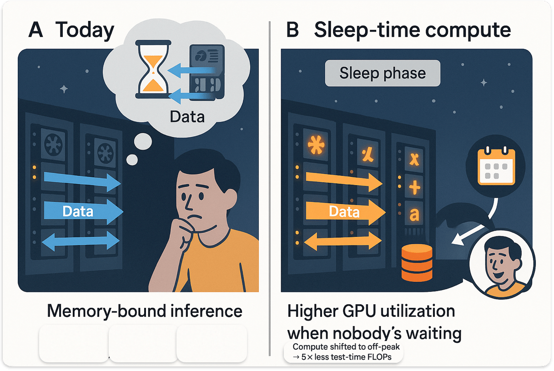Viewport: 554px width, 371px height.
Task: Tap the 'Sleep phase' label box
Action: click(383, 74)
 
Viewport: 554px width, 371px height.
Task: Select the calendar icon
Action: click(496, 167)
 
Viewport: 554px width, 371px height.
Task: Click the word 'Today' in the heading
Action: click(85, 30)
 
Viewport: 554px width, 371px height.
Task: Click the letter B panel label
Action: click(293, 30)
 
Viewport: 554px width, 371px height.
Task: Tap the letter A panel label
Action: click(35, 30)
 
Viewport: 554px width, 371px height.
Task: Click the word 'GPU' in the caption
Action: click(363, 311)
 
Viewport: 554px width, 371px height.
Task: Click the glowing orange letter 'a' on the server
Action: click(414, 214)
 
